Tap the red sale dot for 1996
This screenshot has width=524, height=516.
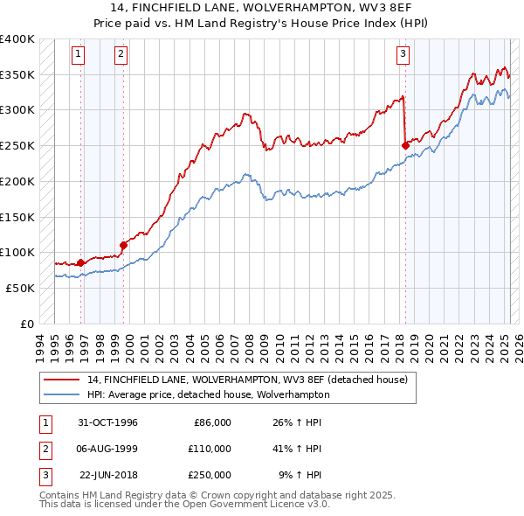coord(81,261)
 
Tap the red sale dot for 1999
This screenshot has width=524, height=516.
coord(123,245)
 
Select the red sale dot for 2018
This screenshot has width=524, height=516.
coord(405,145)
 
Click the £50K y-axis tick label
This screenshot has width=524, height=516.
coord(20,288)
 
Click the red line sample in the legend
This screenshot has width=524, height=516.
coord(61,380)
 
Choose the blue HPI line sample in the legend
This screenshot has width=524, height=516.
coord(61,394)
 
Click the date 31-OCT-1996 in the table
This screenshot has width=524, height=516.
coord(108,422)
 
